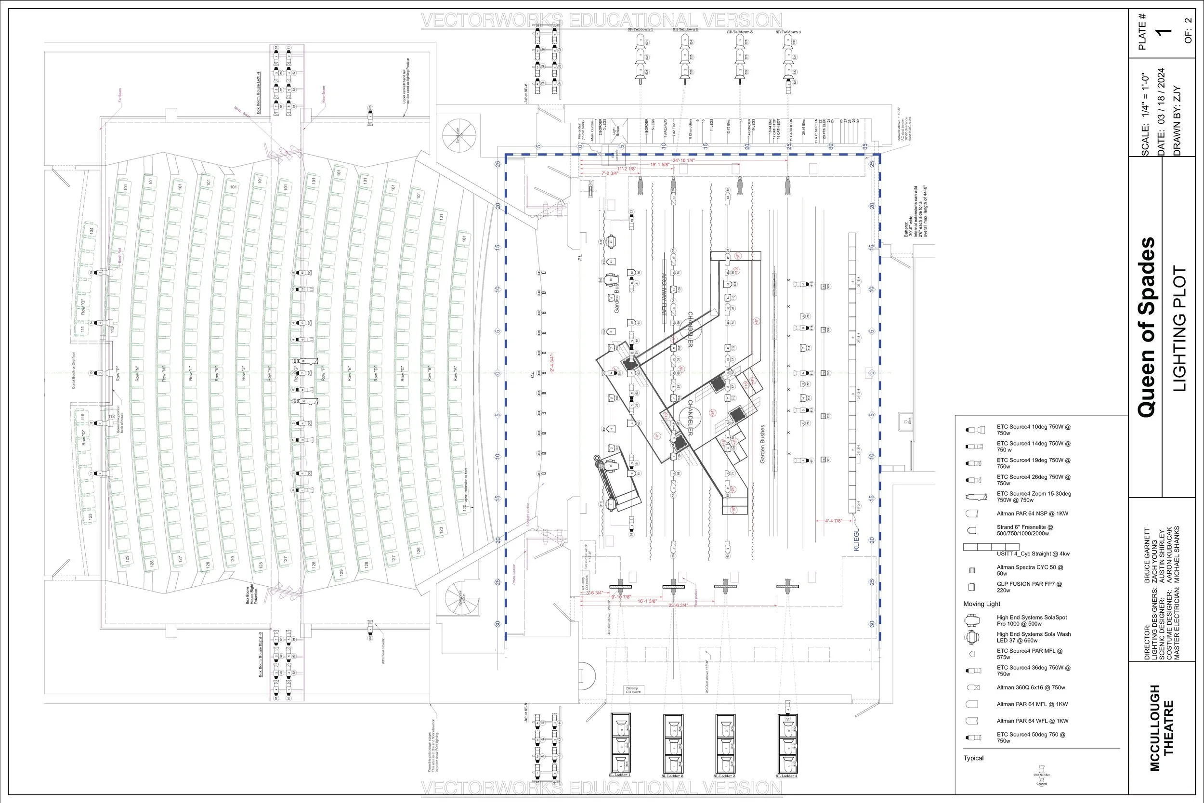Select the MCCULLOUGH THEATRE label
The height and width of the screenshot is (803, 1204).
pyautogui.click(x=1161, y=727)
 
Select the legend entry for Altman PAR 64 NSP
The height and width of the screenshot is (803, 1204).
pyautogui.click(x=1032, y=513)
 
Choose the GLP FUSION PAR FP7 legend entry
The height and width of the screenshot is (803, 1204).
pyautogui.click(x=1029, y=587)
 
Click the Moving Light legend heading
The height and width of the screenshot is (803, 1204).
pyautogui.click(x=982, y=604)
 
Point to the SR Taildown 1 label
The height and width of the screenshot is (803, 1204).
pyautogui.click(x=640, y=31)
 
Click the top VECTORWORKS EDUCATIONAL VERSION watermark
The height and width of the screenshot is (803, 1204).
pyautogui.click(x=602, y=21)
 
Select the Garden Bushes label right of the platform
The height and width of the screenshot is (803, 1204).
pyautogui.click(x=763, y=444)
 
